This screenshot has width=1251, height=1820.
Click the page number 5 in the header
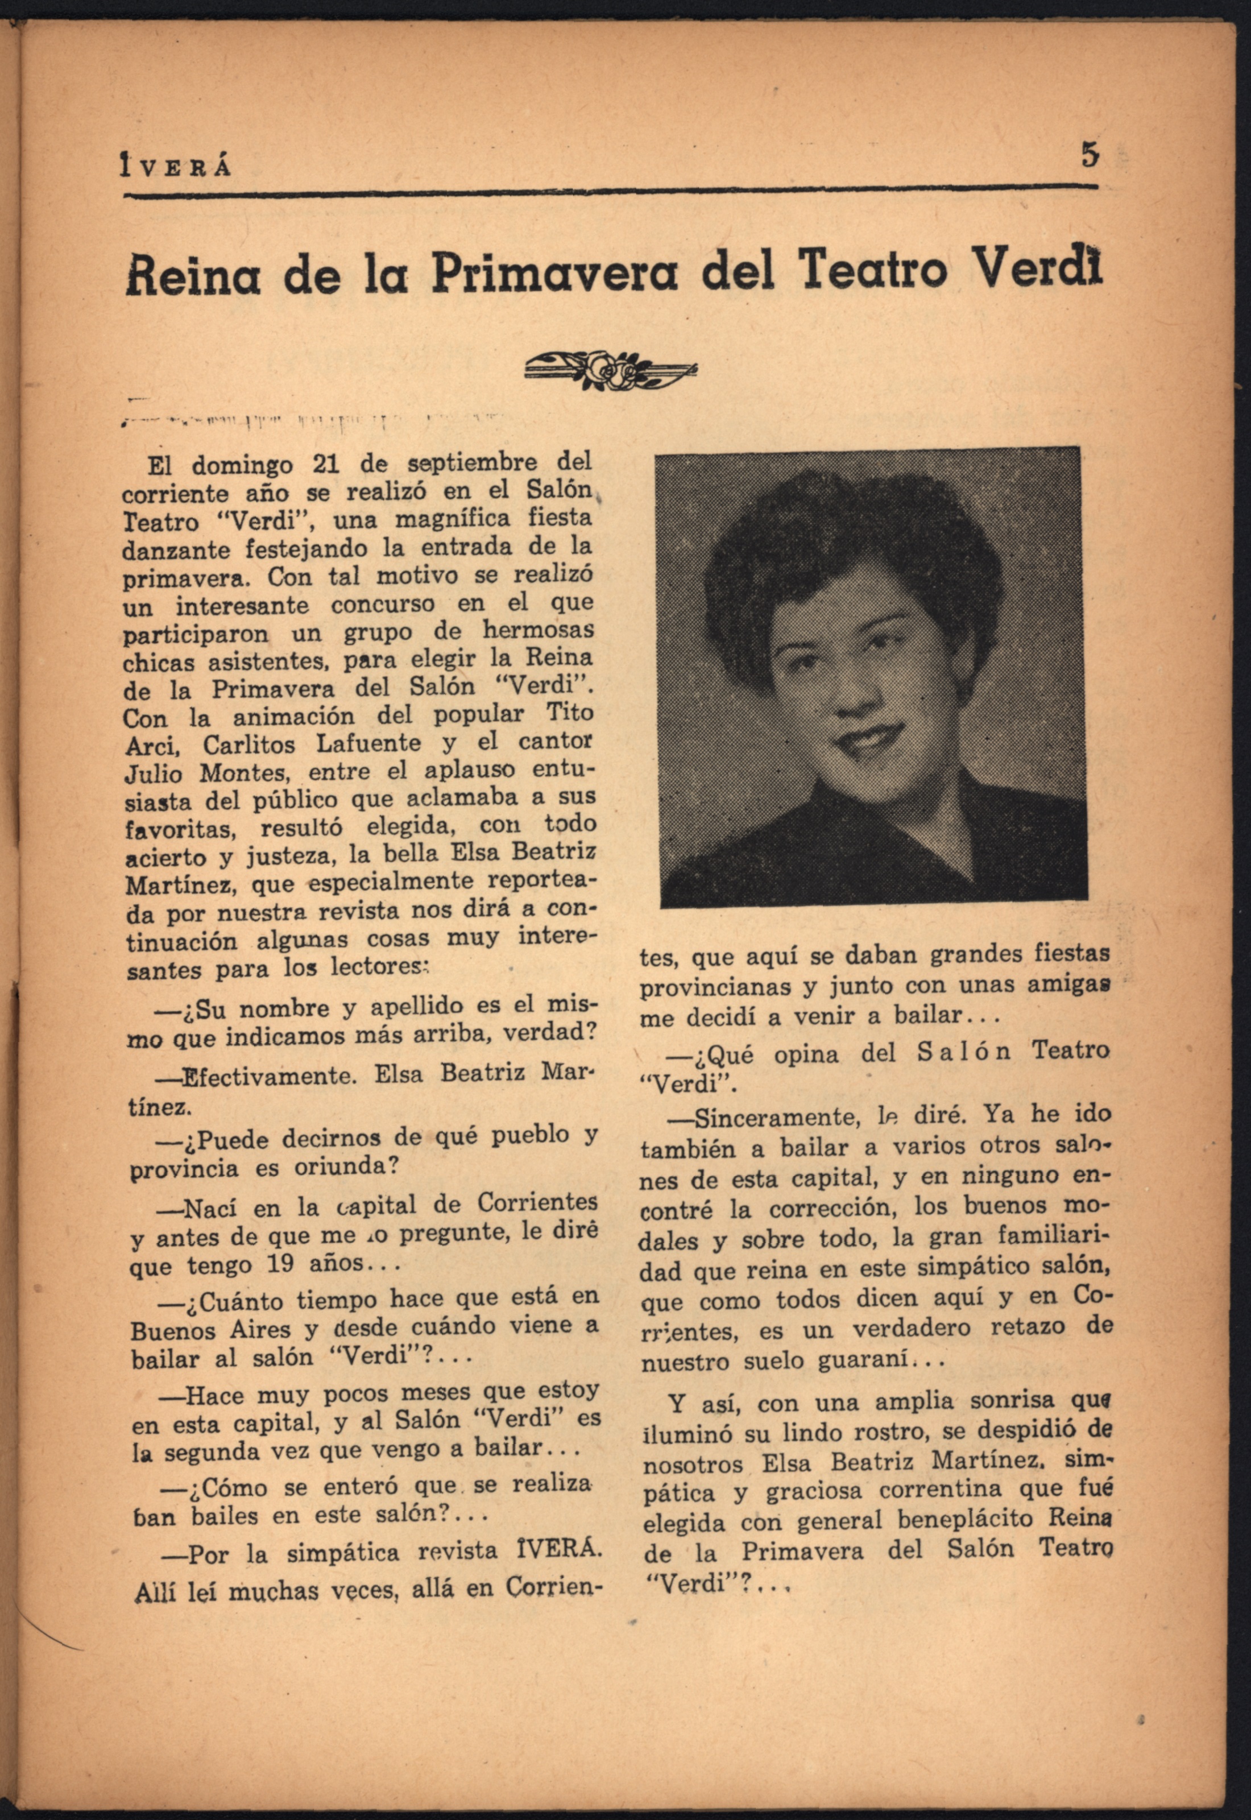1090,155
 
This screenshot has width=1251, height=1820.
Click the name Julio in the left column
153,773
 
